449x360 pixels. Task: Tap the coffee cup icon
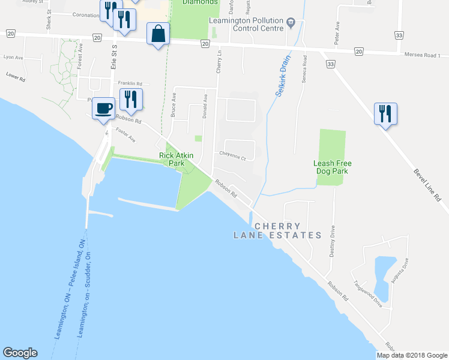coord(104,108)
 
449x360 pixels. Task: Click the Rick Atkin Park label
coord(176,159)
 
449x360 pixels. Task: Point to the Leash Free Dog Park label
coord(332,167)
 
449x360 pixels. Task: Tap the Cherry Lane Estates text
coord(277,231)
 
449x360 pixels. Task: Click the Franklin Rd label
coord(130,83)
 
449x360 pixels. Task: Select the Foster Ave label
coord(126,136)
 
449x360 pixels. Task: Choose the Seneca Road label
coord(305,70)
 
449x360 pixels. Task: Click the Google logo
coord(20,353)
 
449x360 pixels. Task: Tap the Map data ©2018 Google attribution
coord(412,355)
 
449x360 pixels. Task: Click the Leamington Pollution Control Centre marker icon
coord(291,23)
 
